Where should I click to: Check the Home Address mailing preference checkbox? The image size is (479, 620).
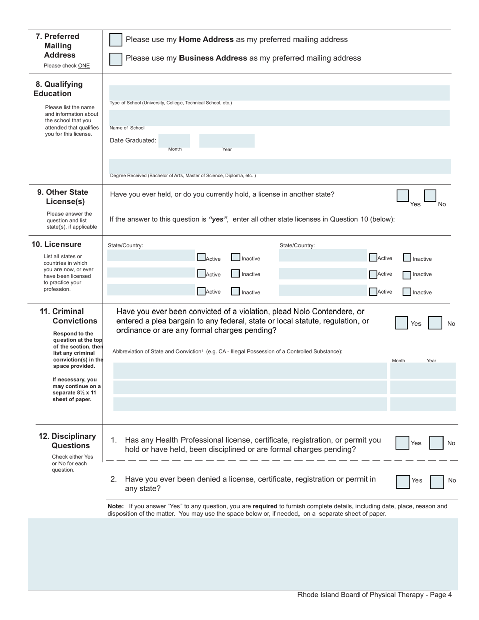tap(115, 40)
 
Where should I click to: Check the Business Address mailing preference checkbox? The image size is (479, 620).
tap(115, 58)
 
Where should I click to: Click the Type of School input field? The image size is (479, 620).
tap(279, 93)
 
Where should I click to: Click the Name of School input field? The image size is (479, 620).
tap(279, 118)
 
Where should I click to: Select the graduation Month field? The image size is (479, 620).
tap(174, 140)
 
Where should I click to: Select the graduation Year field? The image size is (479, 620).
tap(226, 140)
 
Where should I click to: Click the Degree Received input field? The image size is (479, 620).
tap(279, 166)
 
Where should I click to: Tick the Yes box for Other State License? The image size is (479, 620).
tap(403, 196)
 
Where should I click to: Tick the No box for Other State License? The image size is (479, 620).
tap(430, 196)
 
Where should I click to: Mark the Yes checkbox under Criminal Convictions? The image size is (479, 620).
tap(401, 323)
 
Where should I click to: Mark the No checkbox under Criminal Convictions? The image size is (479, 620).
tap(435, 323)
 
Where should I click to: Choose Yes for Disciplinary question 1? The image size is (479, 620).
tap(402, 443)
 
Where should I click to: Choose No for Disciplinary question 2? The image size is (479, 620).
tap(437, 482)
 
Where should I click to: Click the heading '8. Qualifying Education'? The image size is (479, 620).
tap(59, 89)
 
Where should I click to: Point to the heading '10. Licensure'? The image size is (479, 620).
tap(56, 244)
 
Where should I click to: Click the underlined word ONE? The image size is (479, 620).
tap(84, 66)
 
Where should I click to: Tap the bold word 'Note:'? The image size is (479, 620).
tap(115, 506)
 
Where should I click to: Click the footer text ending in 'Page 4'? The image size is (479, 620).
tap(374, 595)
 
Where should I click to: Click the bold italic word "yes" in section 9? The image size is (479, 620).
tap(218, 219)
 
